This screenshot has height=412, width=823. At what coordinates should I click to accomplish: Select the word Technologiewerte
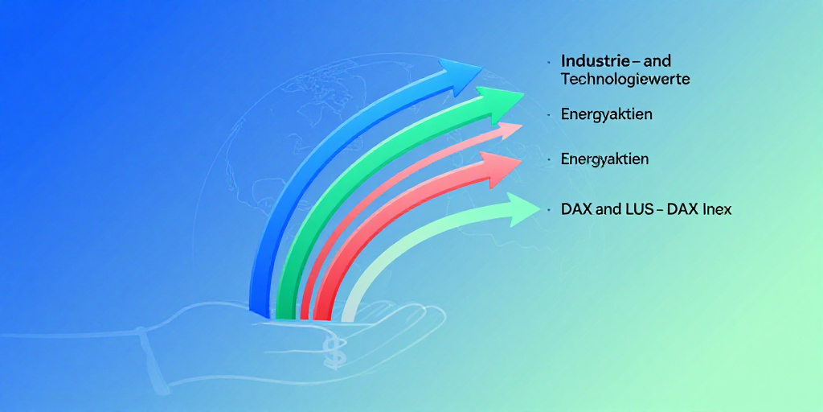[625, 80]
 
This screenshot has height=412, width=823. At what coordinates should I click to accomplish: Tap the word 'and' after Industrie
[657, 61]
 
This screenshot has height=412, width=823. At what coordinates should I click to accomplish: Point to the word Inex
[716, 209]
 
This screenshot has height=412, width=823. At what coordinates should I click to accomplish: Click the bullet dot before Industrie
[548, 61]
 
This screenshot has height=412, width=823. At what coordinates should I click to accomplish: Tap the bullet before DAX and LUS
[548, 209]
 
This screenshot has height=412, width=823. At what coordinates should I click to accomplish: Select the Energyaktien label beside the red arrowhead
[604, 159]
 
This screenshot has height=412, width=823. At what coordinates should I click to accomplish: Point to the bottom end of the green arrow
[286, 315]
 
